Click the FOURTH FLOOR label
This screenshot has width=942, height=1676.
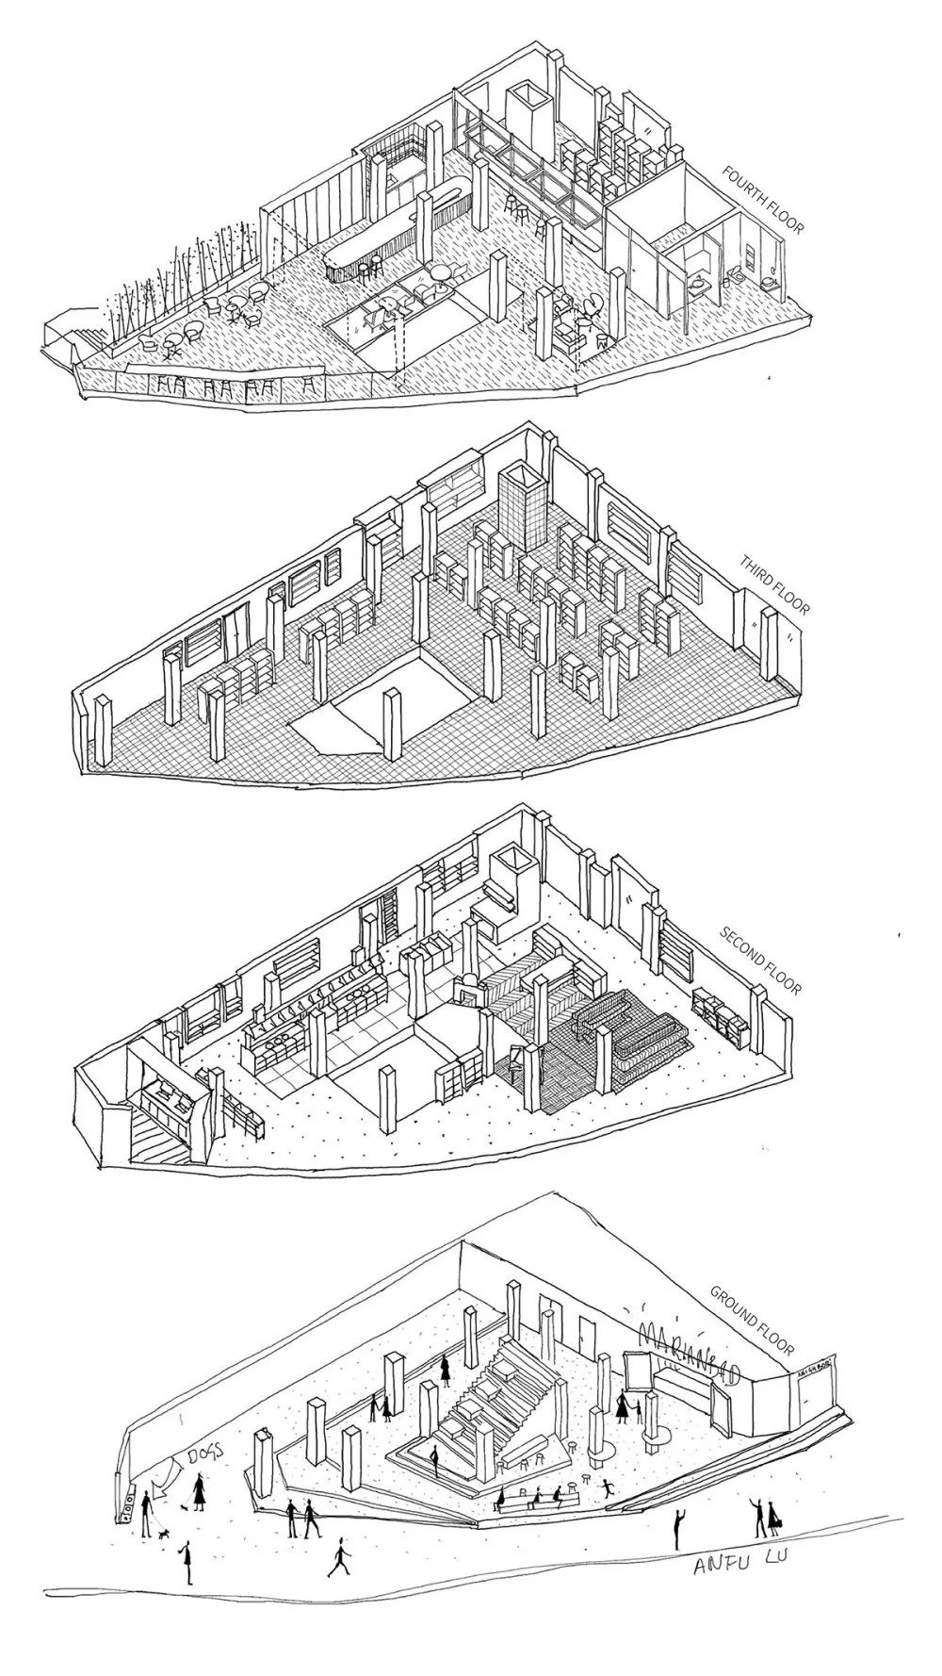[x=763, y=201]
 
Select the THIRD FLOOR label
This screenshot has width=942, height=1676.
[x=775, y=585]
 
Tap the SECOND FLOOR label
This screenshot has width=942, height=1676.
[x=761, y=961]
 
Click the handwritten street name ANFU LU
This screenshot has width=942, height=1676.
[x=739, y=1563]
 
